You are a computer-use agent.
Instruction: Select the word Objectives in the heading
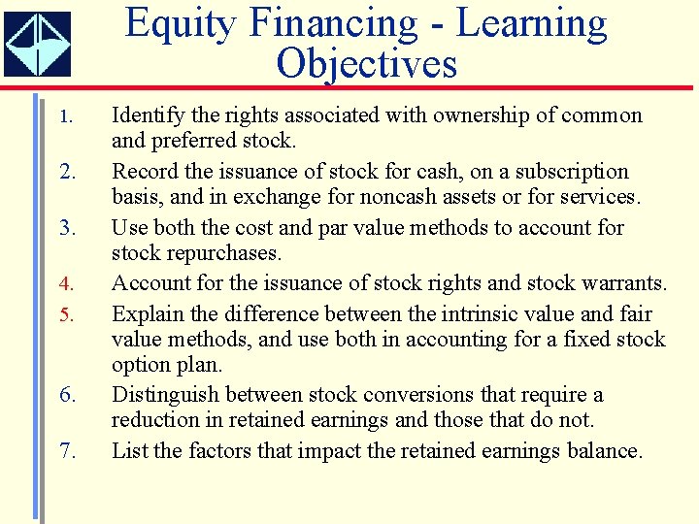coord(366,64)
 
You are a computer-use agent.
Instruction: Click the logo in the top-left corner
coord(37,44)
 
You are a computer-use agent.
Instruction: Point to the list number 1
coord(65,117)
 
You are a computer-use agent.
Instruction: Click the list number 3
coord(66,229)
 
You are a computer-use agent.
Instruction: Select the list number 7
coord(66,452)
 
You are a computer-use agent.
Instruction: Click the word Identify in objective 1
coord(145,115)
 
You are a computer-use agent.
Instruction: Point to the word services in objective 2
coord(601,197)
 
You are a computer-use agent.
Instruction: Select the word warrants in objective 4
coord(623,283)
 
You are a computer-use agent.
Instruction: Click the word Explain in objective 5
coord(144,314)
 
